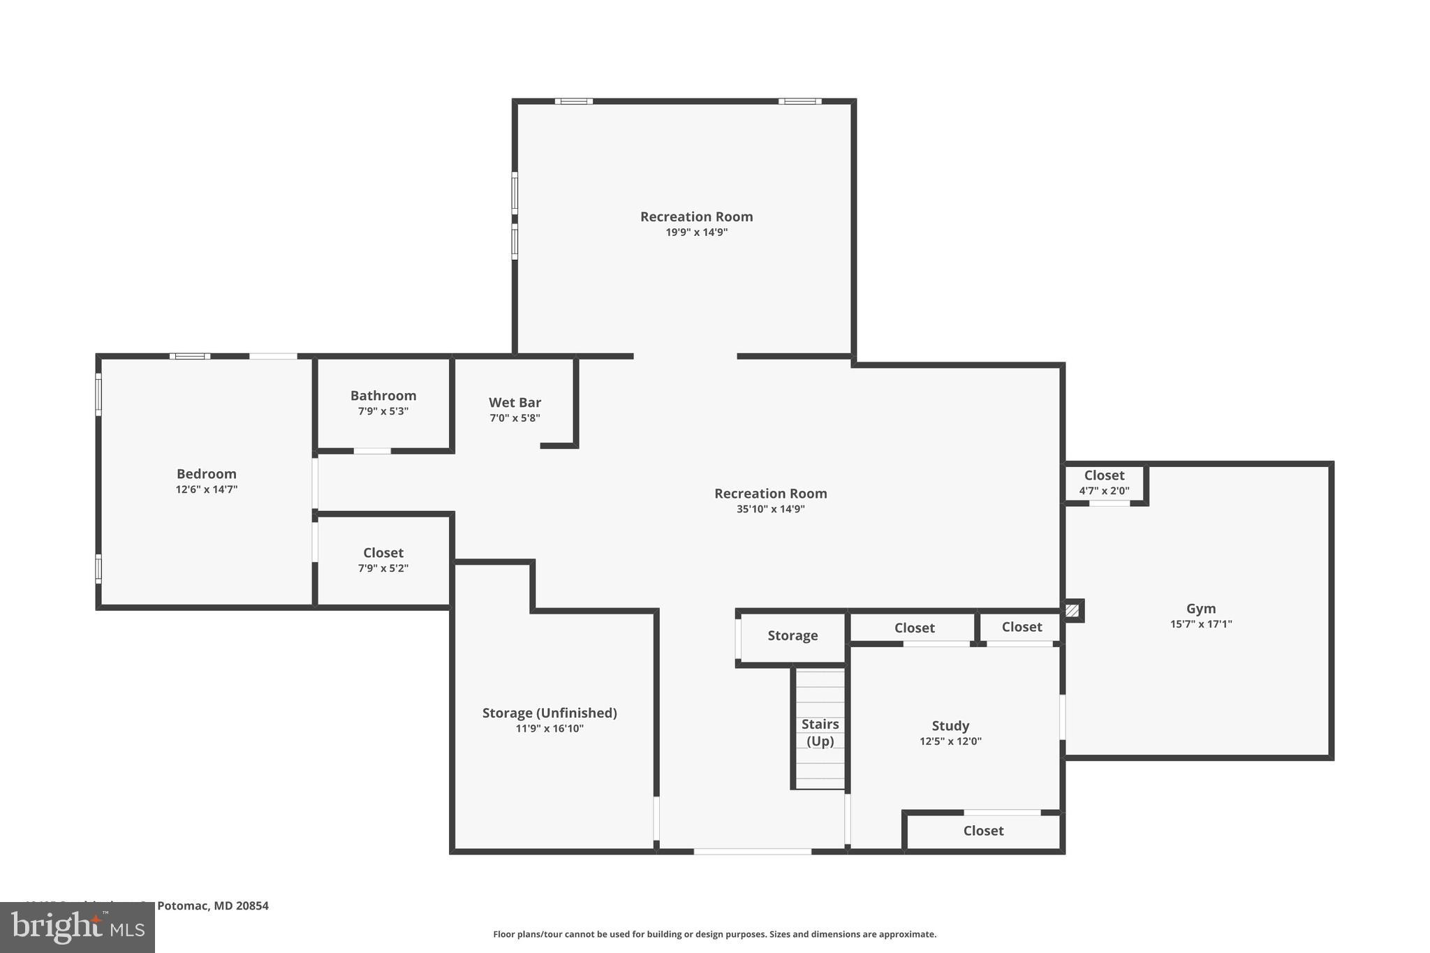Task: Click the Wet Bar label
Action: [x=515, y=403]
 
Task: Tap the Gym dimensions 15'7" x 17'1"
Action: [x=1201, y=624]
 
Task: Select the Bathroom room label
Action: [x=383, y=396]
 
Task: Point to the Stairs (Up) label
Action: [x=820, y=732]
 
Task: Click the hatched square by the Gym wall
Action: [x=1072, y=611]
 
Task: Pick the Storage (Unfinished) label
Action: [x=550, y=713]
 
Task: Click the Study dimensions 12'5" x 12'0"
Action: [x=950, y=741]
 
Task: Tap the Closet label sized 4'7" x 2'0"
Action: [x=1104, y=475]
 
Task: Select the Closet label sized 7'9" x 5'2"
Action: [x=383, y=553]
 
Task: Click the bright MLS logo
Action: [x=78, y=927]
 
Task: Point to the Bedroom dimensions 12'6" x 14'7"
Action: [x=207, y=489]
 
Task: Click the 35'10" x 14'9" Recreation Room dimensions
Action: [x=770, y=510]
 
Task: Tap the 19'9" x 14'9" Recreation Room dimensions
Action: [x=696, y=232]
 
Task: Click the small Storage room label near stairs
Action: [x=793, y=635]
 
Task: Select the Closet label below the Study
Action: [x=983, y=831]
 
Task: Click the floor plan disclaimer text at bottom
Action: [x=714, y=934]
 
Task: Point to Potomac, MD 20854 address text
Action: [x=212, y=906]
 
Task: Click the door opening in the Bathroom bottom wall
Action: [x=372, y=451]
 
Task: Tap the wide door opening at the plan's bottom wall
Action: [x=752, y=851]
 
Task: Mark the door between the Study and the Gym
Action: [x=1062, y=716]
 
